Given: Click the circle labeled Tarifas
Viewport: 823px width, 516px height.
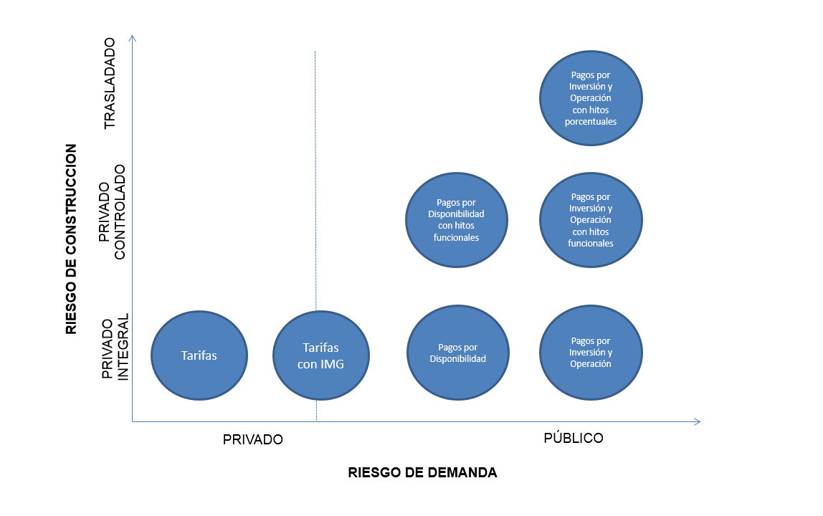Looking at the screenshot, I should coord(199,355).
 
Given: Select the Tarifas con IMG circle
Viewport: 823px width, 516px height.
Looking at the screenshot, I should coord(321,355).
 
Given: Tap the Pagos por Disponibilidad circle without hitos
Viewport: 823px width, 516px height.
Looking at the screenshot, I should coord(457,353).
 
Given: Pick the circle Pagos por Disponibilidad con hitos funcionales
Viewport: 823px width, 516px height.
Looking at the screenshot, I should coord(457,220).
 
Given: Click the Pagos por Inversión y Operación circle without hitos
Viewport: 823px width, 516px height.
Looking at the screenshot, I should coord(591,353).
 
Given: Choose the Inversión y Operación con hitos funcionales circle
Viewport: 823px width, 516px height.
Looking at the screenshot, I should coord(591,220).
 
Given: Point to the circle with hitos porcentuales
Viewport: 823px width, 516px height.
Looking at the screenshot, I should coord(591,98).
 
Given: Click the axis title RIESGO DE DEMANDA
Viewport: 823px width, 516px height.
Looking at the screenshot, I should coord(422,473).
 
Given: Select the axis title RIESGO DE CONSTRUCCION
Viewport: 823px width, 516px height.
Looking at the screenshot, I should coord(71,239).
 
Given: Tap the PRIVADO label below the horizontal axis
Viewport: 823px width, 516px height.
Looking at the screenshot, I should coord(253,439).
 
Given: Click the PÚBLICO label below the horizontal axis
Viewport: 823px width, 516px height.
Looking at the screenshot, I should coord(574,438).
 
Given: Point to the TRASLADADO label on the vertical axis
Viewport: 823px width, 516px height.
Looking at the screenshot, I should coord(110,84).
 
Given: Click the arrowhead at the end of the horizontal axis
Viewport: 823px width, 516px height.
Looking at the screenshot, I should coord(697,422).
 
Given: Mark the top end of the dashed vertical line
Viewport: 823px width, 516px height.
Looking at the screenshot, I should coord(316,53).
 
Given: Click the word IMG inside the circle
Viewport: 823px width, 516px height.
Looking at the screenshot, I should coord(332,364).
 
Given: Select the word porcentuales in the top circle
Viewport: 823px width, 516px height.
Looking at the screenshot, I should coord(591,122).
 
